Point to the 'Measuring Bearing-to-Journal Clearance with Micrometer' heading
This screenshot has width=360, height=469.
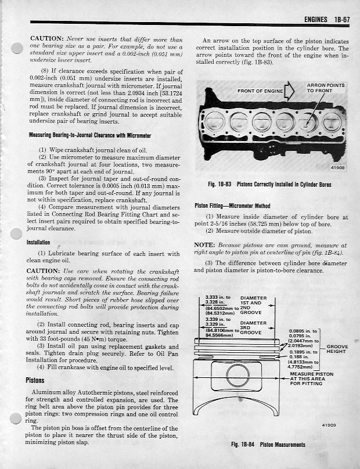tap(89, 135)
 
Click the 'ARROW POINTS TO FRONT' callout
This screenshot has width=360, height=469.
tap(325, 88)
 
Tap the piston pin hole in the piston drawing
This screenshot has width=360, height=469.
tap(238, 374)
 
